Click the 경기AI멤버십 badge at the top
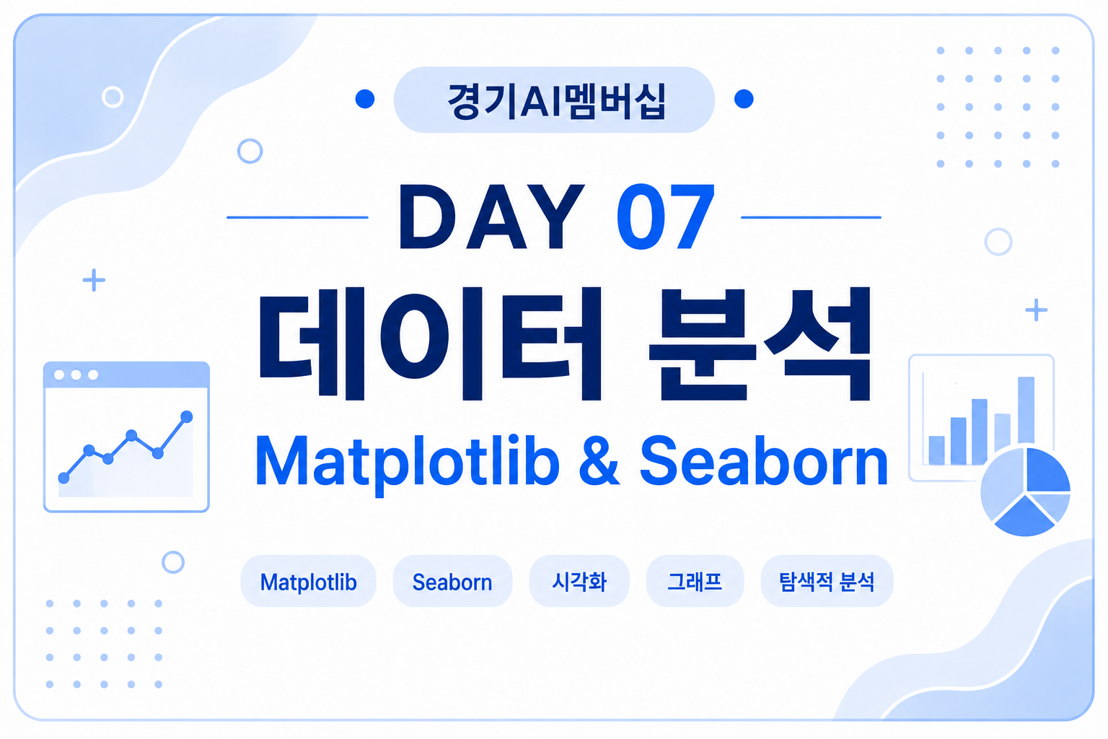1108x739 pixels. [554, 100]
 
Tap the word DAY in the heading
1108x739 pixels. [492, 217]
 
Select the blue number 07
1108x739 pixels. [665, 217]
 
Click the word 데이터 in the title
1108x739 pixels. [430, 343]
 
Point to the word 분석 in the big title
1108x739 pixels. [760, 343]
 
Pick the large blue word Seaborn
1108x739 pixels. [764, 461]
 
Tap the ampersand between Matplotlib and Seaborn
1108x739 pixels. [599, 461]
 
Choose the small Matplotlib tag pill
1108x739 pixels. [308, 582]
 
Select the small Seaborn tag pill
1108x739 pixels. [452, 582]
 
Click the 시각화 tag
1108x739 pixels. [579, 582]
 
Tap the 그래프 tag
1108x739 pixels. [695, 582]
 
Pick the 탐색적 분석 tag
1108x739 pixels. [827, 582]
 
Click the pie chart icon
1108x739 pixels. [1025, 491]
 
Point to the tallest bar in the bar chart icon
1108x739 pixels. [1026, 411]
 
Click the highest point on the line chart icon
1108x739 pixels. [187, 417]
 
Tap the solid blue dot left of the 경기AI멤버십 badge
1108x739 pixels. [365, 99]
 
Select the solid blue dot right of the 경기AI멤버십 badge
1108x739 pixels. [744, 99]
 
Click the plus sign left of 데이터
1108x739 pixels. [94, 280]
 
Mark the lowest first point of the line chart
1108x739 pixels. [63, 478]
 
